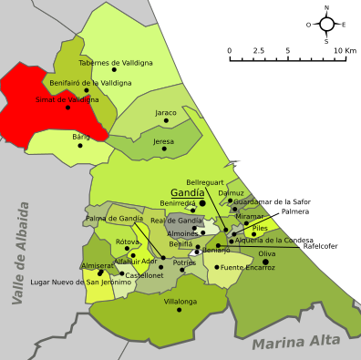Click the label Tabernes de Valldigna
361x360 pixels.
tap(115, 63)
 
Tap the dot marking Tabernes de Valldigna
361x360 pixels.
tap(115, 70)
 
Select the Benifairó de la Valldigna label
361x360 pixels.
tap(90, 83)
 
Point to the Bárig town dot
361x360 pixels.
tap(80, 145)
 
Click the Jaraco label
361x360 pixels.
tap(166, 113)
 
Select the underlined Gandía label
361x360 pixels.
tap(188, 193)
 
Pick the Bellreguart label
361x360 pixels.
tap(204, 182)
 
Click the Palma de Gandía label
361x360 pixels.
tap(114, 219)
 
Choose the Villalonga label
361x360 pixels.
tap(180, 301)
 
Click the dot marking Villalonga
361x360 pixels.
tap(180, 310)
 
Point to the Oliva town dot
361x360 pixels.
tap(266, 262)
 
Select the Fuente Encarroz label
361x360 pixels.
tap(248, 267)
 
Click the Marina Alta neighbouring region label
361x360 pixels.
tap(296, 342)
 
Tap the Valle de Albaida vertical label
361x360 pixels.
tap(21, 252)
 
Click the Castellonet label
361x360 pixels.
tap(143, 275)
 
